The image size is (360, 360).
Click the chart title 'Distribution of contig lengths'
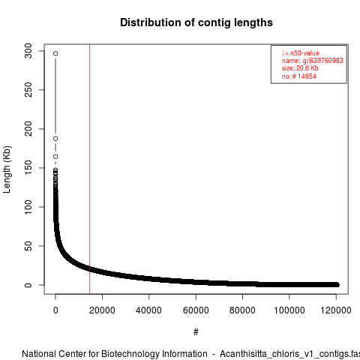coord(196,22)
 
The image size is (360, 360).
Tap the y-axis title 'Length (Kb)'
coord(7,169)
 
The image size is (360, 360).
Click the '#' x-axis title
coord(196,331)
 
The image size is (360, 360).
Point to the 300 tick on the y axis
coord(28,51)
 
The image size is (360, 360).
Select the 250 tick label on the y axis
coord(28,90)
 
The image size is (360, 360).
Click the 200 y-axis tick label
coord(28,129)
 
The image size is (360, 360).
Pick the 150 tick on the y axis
coord(28,168)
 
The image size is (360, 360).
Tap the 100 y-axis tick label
coord(28,207)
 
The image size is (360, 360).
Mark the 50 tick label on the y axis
coord(28,246)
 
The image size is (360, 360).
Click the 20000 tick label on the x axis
coord(102,310)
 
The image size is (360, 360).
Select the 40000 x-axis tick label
coord(148,310)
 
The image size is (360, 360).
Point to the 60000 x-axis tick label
coord(196,310)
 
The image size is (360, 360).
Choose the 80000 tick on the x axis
coord(242,310)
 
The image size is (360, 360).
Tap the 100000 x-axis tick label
coord(289,310)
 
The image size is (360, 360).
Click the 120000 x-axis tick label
coord(336,310)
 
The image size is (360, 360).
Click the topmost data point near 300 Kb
coord(55,53)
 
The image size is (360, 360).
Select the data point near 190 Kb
coord(55,139)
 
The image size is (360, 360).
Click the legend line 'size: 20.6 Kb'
coord(300,68)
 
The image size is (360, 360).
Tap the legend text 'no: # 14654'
coord(299,76)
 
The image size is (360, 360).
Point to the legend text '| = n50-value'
coord(301,53)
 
